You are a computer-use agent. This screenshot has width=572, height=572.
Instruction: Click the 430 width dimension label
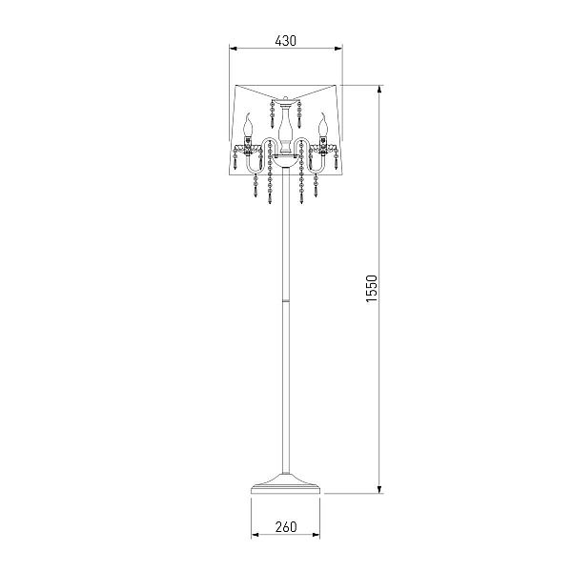click(x=286, y=40)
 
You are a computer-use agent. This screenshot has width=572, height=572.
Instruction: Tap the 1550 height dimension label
click(x=372, y=288)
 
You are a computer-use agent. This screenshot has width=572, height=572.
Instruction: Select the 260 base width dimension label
click(x=286, y=526)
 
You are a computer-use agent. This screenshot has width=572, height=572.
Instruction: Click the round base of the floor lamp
click(x=286, y=484)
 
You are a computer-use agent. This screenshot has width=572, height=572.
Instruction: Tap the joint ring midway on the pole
click(x=286, y=300)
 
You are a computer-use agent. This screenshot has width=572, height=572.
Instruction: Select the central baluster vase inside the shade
click(x=286, y=129)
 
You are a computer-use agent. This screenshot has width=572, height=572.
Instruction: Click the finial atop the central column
click(x=286, y=99)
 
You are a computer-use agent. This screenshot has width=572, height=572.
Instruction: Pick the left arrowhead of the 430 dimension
click(x=234, y=48)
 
